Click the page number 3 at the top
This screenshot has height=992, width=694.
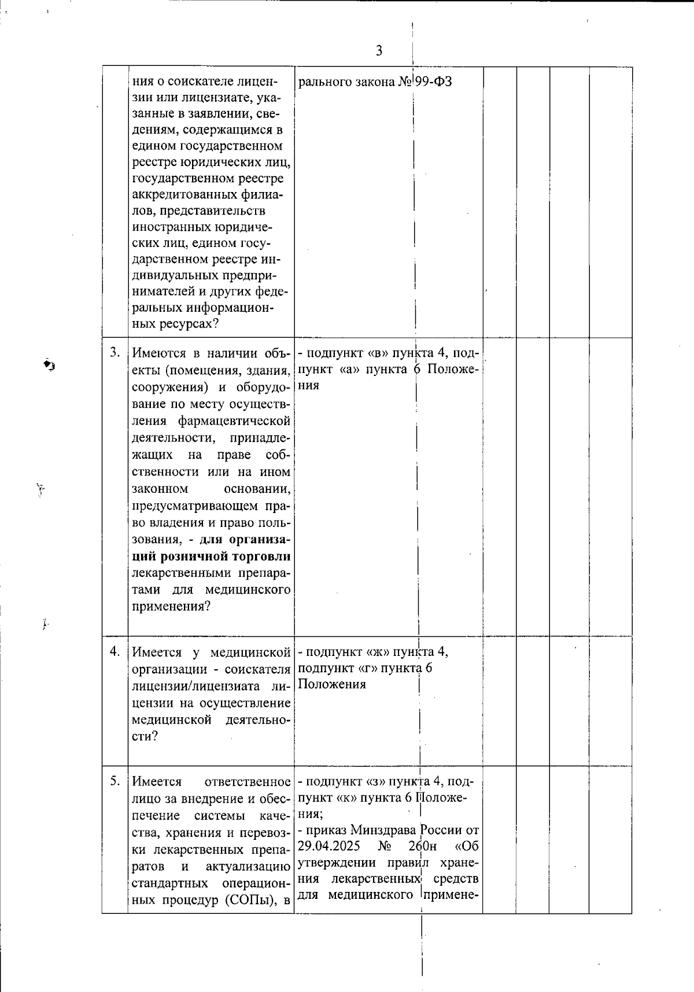[379, 50]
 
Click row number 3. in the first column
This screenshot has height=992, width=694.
[115, 352]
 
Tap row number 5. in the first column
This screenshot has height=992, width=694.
[115, 781]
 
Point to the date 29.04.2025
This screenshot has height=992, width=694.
[329, 846]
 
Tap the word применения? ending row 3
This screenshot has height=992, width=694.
[171, 606]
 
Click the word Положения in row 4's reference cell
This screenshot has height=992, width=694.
[331, 684]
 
